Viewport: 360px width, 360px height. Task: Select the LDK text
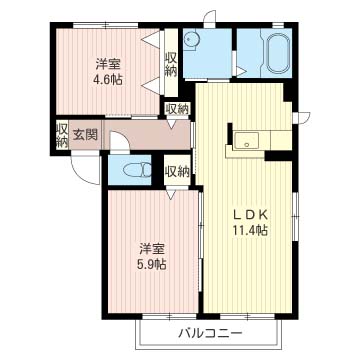tap(245, 213)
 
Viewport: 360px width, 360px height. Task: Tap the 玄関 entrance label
tap(84, 134)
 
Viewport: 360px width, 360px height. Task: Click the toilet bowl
tap(123, 170)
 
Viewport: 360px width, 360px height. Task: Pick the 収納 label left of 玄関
tap(62, 135)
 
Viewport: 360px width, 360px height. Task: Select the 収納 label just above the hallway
tap(176, 109)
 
